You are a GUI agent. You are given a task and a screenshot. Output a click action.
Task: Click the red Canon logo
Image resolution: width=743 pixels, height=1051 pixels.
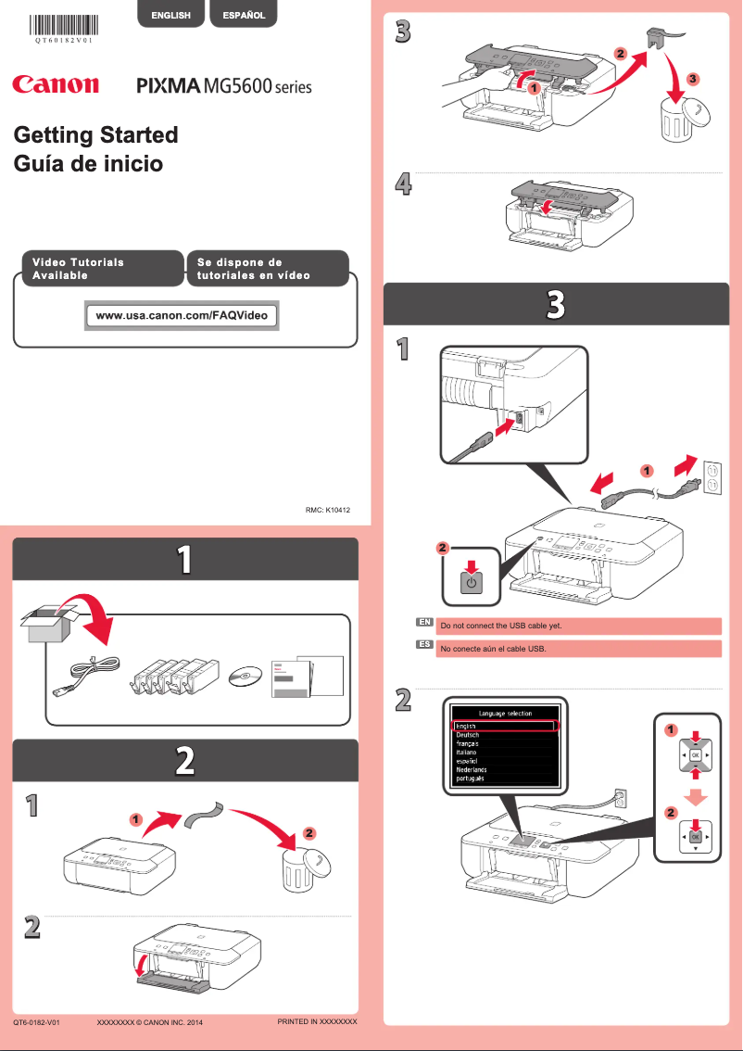click(56, 85)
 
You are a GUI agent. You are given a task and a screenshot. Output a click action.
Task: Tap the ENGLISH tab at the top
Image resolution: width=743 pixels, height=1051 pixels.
click(171, 15)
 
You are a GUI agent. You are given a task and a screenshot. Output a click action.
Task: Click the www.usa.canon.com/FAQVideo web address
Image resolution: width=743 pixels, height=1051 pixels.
click(182, 315)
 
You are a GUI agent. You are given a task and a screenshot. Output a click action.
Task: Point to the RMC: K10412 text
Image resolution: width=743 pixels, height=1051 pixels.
click(327, 509)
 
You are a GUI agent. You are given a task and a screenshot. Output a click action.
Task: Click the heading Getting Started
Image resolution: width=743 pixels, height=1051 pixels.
click(95, 135)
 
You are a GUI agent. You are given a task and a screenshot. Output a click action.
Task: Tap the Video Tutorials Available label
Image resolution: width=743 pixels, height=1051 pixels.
click(79, 269)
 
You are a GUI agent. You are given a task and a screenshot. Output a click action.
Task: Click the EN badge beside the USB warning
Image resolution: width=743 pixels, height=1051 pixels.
click(424, 624)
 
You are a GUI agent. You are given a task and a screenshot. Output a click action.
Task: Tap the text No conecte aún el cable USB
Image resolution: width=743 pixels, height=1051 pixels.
click(494, 649)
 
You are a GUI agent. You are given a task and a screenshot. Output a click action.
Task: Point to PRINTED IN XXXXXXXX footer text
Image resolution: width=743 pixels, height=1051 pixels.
click(317, 1021)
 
